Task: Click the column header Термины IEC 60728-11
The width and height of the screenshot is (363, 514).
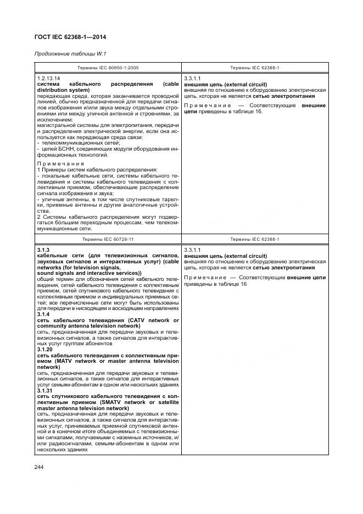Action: coord(108,240)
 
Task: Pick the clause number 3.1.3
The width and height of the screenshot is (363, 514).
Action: coord(43,251)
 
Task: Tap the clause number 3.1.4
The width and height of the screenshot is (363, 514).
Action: coord(43,314)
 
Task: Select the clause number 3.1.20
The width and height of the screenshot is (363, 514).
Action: coord(44,349)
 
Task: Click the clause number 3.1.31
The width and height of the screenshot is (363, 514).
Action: coord(44,391)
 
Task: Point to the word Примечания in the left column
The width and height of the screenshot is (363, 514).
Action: coord(60,163)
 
